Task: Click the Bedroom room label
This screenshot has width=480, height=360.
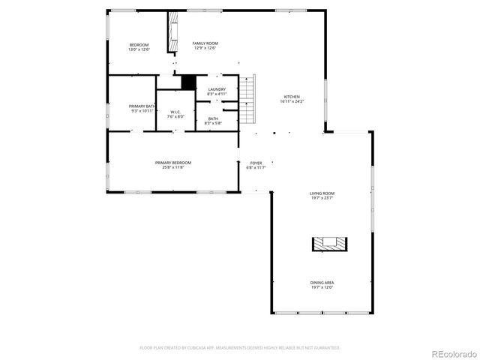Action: [139, 44]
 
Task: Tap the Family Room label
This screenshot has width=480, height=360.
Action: [205, 43]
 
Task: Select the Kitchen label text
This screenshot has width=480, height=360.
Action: [292, 97]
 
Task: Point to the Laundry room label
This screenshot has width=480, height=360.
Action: [217, 89]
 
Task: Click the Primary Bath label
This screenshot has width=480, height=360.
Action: [141, 106]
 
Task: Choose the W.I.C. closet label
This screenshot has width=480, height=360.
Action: [175, 112]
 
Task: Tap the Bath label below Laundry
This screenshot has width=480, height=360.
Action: [213, 118]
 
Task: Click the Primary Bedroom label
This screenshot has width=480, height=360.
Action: [173, 163]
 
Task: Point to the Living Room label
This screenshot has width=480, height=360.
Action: [322, 193]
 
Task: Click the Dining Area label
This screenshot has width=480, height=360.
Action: [322, 283]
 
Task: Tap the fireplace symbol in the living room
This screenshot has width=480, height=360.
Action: [330, 243]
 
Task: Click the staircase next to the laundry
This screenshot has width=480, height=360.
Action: [249, 98]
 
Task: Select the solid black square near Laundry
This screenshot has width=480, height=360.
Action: [188, 82]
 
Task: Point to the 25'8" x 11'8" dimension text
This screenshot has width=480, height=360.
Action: [173, 168]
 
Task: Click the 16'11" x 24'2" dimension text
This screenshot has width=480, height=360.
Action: [292, 101]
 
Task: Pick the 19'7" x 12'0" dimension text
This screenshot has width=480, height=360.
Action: [322, 287]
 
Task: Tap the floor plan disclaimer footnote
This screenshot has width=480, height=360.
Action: [240, 347]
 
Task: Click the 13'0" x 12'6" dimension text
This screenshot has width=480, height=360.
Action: [139, 49]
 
